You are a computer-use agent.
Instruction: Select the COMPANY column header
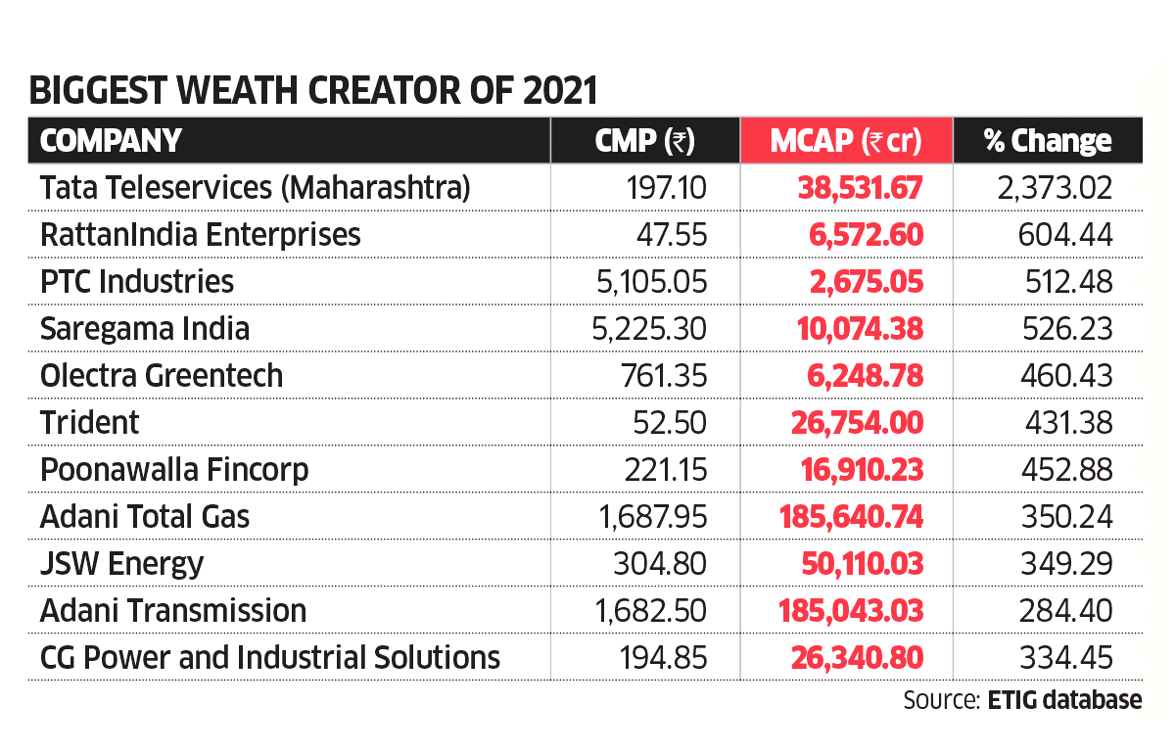click(111, 140)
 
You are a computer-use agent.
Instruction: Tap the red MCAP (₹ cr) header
click(846, 140)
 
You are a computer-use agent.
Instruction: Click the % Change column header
click(1048, 140)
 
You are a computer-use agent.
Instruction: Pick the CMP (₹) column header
click(644, 140)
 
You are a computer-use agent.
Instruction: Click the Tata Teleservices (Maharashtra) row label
click(256, 187)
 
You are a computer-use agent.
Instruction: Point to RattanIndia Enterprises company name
click(201, 234)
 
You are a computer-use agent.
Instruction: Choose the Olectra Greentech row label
click(162, 375)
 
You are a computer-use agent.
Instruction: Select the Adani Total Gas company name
click(145, 516)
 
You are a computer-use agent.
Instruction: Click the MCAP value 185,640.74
click(850, 516)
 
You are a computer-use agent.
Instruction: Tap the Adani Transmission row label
click(173, 610)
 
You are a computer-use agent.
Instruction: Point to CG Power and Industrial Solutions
click(270, 657)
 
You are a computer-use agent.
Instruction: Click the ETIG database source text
click(1064, 700)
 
